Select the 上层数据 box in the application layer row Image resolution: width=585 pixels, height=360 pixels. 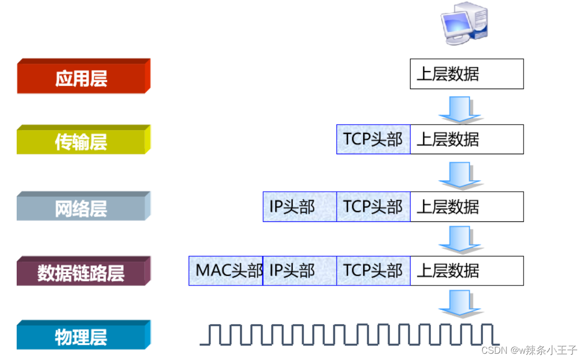tap(466, 74)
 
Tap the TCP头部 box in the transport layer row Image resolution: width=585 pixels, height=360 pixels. tap(373, 139)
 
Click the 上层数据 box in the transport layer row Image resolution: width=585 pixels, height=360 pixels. tap(466, 139)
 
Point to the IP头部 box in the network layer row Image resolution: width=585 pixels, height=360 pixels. tap(300, 207)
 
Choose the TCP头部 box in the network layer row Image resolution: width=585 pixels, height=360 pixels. tap(373, 207)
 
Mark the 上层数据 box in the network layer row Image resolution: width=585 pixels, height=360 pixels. tap(466, 207)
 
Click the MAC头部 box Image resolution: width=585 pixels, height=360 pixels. tap(226, 271)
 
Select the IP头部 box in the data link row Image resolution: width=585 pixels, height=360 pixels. tap(300, 271)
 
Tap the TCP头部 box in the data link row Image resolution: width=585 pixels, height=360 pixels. tap(373, 271)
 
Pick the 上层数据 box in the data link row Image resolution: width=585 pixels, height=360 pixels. tap(466, 271)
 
